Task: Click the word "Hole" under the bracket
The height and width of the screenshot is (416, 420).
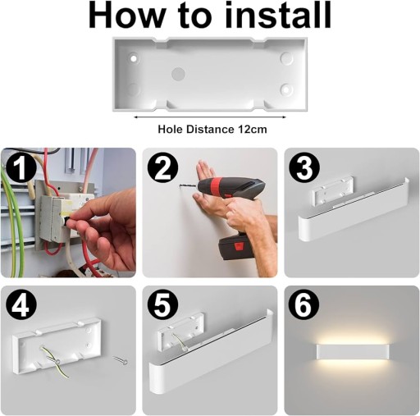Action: (171, 129)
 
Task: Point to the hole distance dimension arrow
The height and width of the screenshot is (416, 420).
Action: (210, 117)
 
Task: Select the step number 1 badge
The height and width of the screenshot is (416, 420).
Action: (21, 167)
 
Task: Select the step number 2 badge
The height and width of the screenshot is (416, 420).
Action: (162, 167)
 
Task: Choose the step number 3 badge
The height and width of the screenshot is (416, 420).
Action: (304, 167)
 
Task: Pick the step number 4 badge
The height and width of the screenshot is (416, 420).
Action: (21, 305)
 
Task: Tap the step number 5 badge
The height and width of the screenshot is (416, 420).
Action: (162, 305)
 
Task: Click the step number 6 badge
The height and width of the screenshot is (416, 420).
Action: (304, 305)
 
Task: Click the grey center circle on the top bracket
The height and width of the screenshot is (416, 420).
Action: (178, 74)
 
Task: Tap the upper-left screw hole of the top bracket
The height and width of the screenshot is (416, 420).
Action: (134, 58)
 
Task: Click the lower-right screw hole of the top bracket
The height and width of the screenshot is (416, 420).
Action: (286, 89)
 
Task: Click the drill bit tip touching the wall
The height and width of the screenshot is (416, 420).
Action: (180, 186)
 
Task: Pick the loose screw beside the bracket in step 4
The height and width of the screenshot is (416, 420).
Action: (121, 360)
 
